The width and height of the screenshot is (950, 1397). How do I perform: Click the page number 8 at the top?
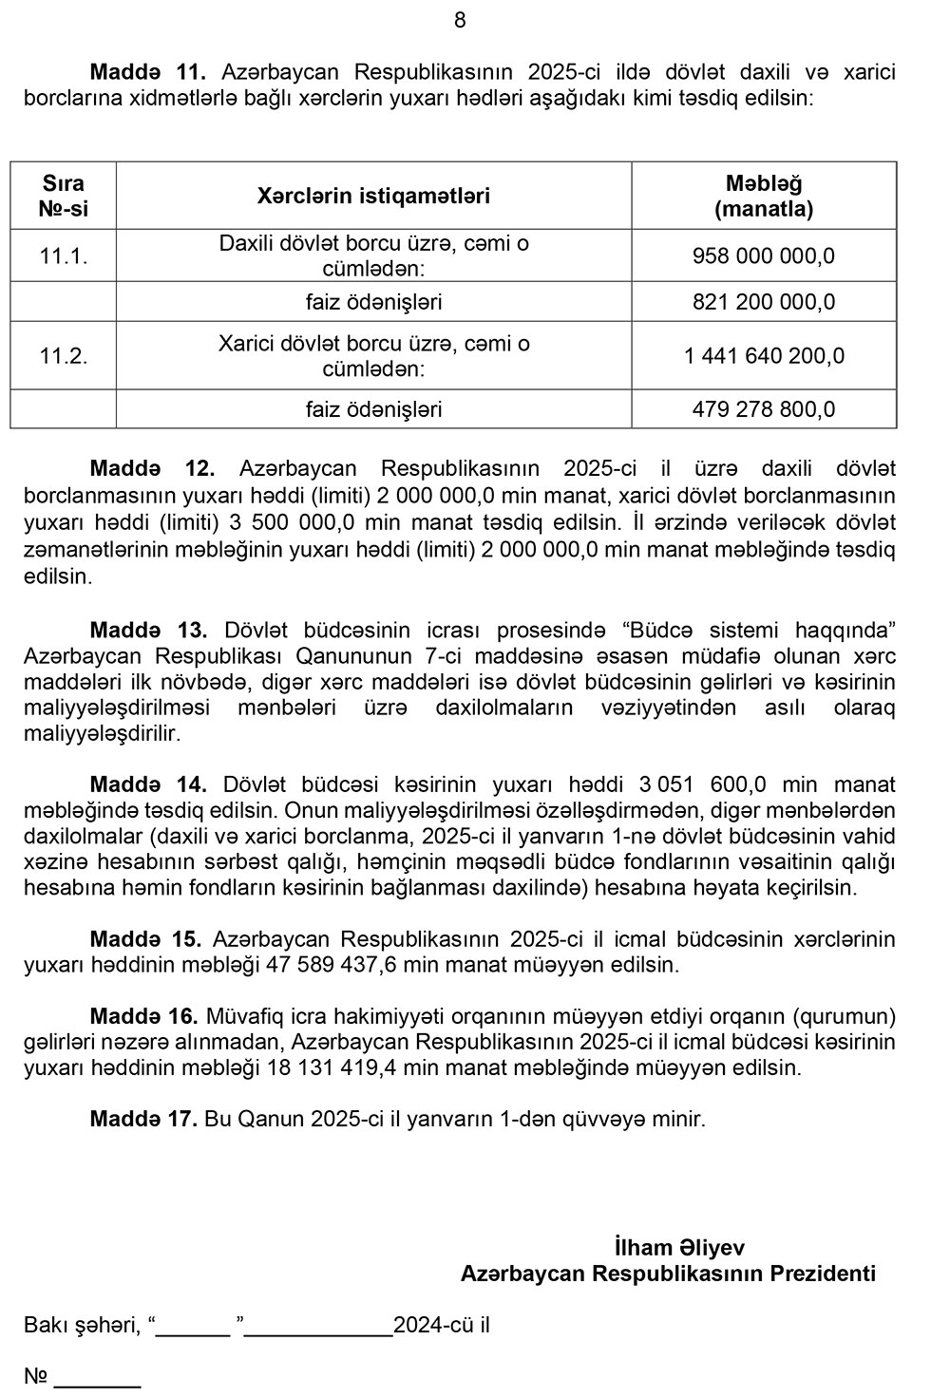(460, 20)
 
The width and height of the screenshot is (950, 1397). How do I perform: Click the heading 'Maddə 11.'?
(147, 72)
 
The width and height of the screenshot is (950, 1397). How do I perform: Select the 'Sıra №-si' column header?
(64, 196)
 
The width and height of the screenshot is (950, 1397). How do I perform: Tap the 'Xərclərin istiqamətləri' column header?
(373, 196)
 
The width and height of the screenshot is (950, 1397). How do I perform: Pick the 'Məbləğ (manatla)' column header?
(764, 196)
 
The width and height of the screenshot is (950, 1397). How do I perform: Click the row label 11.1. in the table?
(64, 255)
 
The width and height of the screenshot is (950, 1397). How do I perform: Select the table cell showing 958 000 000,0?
(764, 255)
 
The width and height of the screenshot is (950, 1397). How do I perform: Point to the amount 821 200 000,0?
(764, 302)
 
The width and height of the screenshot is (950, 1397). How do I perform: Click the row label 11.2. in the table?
(64, 356)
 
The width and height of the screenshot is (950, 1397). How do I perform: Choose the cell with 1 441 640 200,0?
(764, 356)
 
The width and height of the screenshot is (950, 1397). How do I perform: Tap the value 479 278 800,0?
(764, 409)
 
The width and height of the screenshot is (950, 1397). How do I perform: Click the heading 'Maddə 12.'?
(153, 468)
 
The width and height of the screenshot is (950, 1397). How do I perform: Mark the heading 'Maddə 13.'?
(148, 630)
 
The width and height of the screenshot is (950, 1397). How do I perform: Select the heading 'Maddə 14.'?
(148, 784)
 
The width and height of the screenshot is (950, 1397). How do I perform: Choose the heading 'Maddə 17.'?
(143, 1119)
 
